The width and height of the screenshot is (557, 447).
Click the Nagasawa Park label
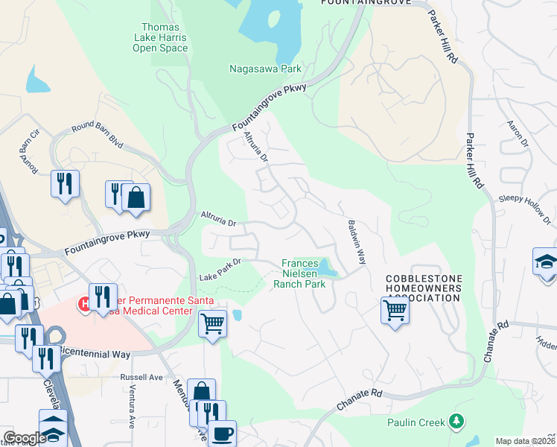point(264,69)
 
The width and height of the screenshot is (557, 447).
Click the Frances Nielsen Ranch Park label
point(305,273)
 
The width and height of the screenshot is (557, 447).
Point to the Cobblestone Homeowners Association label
point(423,288)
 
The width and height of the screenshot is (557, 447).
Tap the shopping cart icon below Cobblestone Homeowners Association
point(395,310)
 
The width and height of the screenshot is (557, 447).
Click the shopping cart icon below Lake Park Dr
point(213,324)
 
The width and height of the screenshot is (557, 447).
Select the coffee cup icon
point(221,433)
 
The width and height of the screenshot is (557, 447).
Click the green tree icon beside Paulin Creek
point(456,422)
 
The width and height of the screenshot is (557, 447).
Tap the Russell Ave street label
point(141,377)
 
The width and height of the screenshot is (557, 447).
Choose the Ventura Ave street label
point(130,412)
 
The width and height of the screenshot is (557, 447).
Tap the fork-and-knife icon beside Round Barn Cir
point(65,183)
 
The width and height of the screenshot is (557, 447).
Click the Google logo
point(24,438)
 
